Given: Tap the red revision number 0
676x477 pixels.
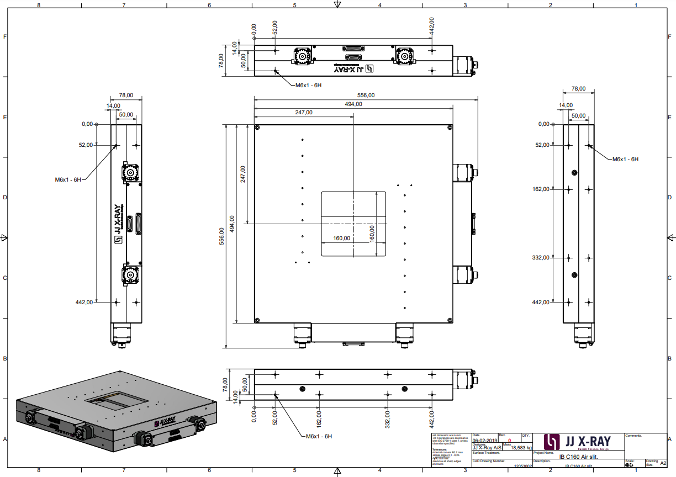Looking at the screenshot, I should click(509, 441).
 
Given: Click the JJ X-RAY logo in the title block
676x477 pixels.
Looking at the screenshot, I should click(578, 442).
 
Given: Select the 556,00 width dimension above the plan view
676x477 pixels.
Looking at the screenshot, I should click(365, 95).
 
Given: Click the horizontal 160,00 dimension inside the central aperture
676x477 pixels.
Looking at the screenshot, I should click(342, 238).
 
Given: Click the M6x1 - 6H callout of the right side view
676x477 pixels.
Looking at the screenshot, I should click(625, 159).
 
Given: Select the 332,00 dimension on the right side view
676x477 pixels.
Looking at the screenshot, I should click(541, 257).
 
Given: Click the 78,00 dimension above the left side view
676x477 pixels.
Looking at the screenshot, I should click(126, 95).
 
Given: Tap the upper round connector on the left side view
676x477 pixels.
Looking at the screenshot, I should click(131, 173).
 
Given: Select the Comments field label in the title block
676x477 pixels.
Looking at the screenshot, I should click(634, 436).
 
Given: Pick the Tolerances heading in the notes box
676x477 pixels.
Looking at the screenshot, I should click(440, 449).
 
